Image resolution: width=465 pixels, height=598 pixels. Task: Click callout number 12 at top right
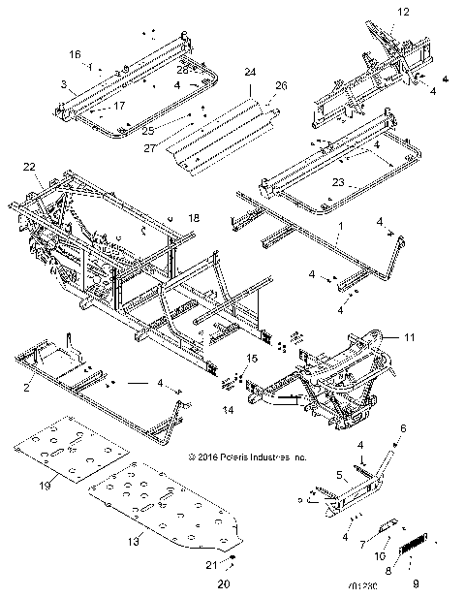point(404,12)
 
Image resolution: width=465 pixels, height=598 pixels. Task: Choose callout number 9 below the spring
point(420,583)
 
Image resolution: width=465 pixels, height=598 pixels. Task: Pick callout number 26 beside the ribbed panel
point(282,85)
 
